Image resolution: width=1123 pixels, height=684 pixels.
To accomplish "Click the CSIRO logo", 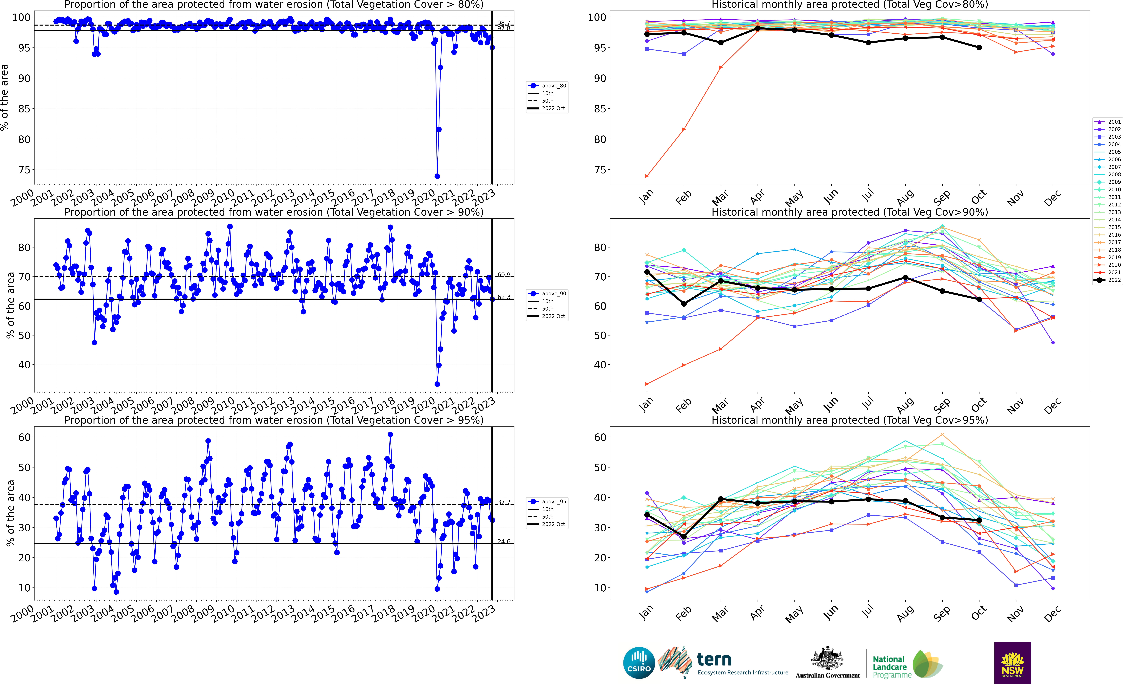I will pyautogui.click(x=639, y=663).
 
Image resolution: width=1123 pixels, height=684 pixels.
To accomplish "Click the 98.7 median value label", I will pyautogui.click(x=504, y=23).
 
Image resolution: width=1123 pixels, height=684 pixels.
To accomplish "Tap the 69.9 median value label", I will pyautogui.click(x=504, y=275).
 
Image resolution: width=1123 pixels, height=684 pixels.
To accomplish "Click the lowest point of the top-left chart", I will pyautogui.click(x=437, y=176).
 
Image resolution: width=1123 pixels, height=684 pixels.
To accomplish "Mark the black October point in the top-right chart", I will pyautogui.click(x=979, y=47).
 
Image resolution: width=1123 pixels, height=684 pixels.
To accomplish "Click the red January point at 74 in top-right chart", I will pyautogui.click(x=647, y=176).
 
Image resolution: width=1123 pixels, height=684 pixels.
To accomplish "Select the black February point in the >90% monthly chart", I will pyautogui.click(x=684, y=304).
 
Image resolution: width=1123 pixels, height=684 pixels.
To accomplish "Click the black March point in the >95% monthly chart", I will pyautogui.click(x=721, y=499).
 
